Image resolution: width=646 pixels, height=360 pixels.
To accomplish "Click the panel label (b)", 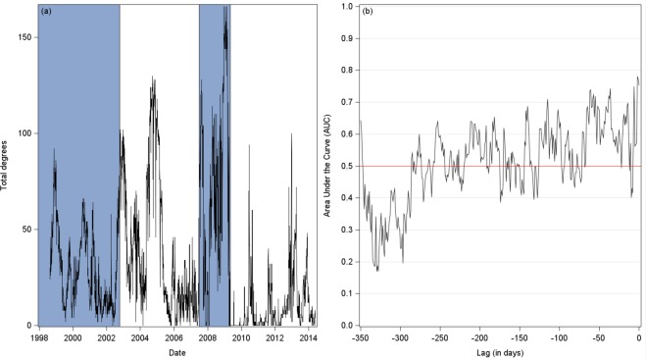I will [367, 12].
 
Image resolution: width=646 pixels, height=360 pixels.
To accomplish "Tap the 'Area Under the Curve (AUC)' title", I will [329, 165].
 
